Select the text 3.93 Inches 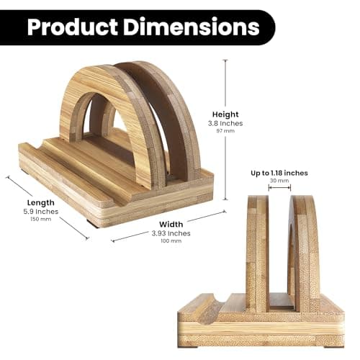coord(170,233)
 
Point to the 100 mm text coord(170,241)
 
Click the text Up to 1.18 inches coord(279,173)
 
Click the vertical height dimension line coord(225,130)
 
